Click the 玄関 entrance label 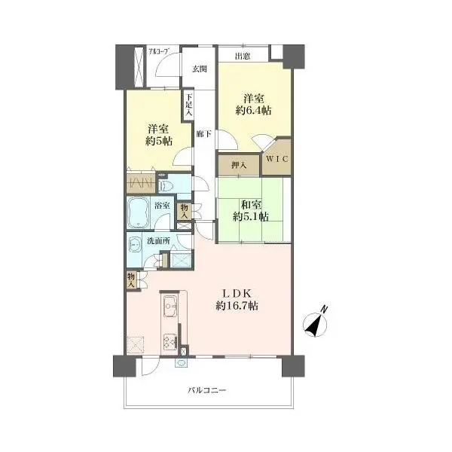point(200,69)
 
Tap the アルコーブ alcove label point(159,51)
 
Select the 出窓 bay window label point(243,56)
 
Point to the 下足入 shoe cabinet point(188,105)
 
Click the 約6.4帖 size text point(254,111)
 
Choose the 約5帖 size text point(159,141)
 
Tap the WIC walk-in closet point(276,158)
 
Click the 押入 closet point(239,165)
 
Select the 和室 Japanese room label point(252,205)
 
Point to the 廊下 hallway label point(204,134)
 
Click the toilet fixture point(164,186)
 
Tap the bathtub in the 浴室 point(139,212)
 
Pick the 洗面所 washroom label point(158,241)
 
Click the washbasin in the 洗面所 point(134,245)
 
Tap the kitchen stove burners point(170,341)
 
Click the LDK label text point(237,294)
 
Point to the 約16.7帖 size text point(237,306)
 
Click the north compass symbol point(316,324)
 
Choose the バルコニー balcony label point(207,390)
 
